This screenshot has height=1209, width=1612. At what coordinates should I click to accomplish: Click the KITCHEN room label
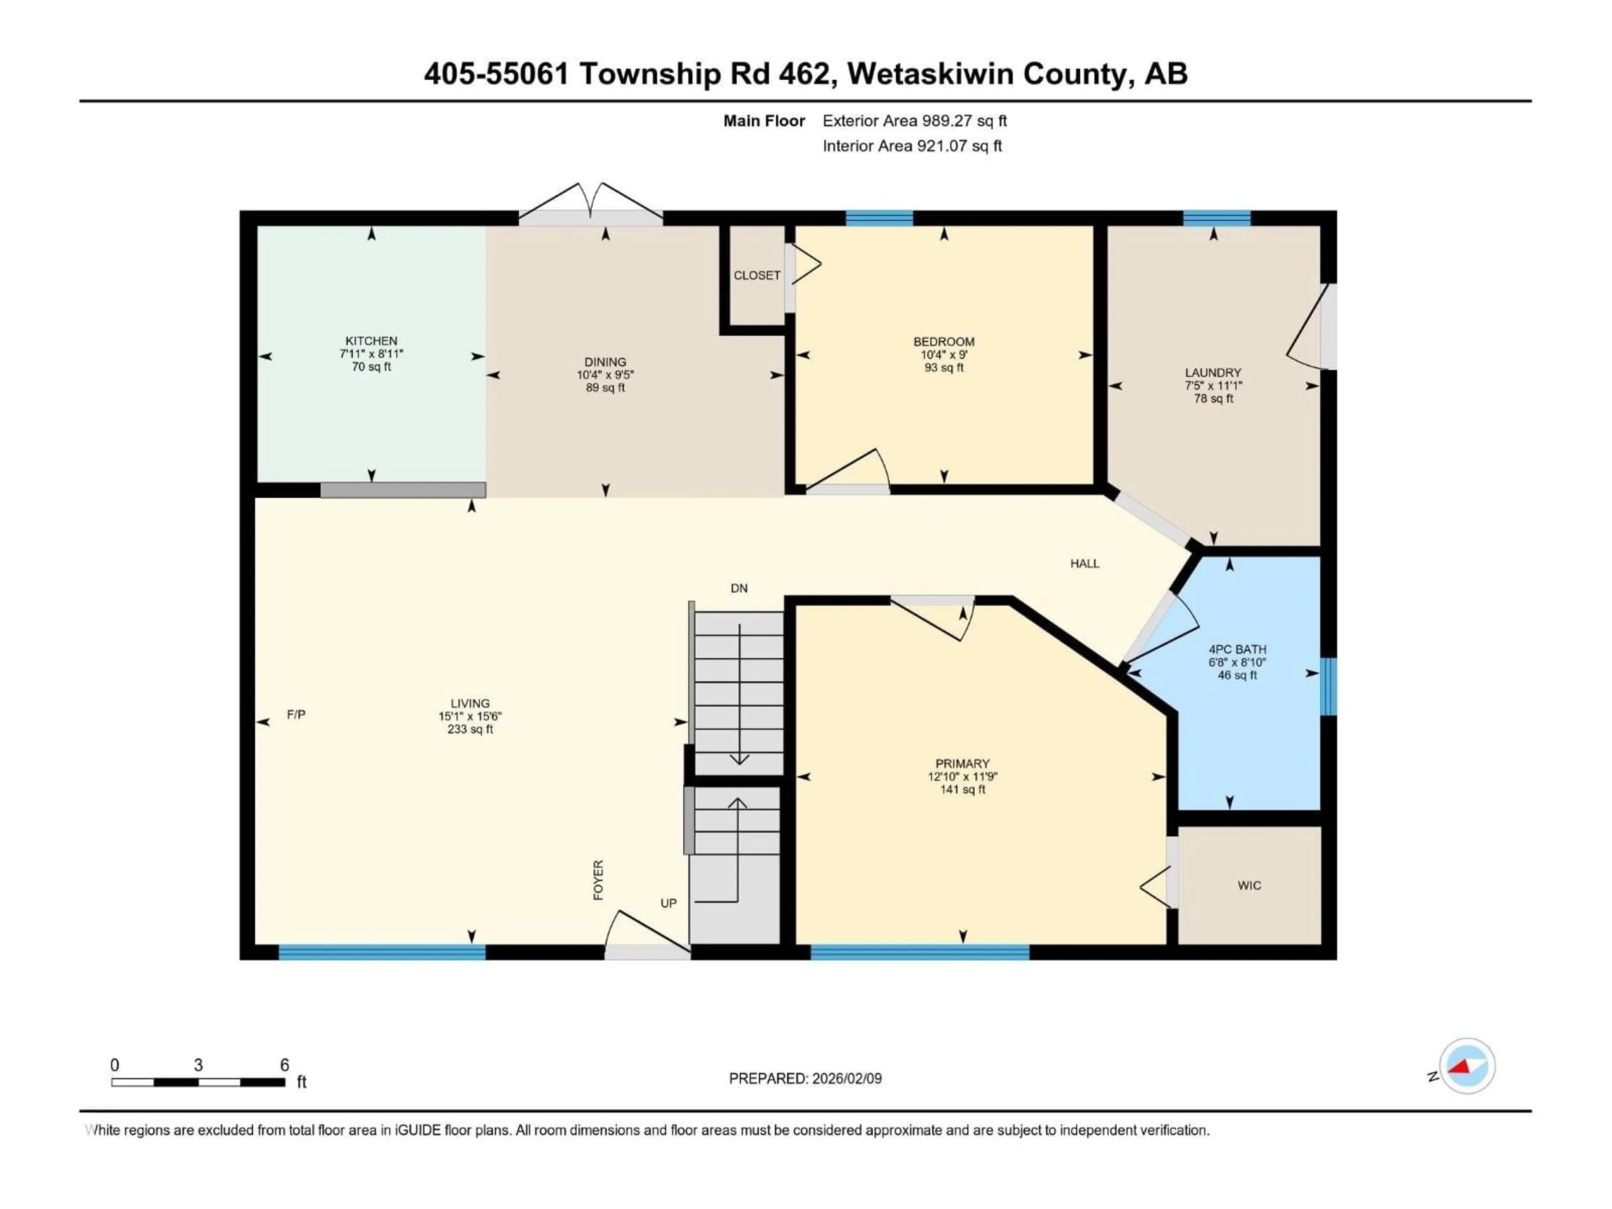click(371, 340)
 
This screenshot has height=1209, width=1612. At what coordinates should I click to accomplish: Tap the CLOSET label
click(756, 275)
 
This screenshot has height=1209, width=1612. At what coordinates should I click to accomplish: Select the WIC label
click(1248, 885)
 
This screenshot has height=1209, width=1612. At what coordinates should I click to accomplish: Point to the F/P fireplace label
click(296, 715)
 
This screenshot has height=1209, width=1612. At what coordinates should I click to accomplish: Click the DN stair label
click(738, 588)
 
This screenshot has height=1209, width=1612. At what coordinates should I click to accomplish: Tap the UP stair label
click(668, 903)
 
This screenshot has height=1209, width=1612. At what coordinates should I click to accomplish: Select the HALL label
click(1084, 563)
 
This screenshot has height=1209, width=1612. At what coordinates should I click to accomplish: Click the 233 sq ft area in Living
click(470, 730)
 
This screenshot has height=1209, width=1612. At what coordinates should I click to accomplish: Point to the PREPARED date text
click(805, 1078)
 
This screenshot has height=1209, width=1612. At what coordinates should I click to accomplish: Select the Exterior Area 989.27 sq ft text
click(915, 121)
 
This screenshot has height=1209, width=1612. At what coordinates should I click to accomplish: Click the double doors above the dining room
click(591, 204)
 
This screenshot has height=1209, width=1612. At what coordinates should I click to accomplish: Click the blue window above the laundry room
click(1216, 218)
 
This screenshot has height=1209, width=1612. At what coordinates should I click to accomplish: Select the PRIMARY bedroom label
click(962, 764)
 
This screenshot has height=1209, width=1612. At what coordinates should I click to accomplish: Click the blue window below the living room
click(382, 952)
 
